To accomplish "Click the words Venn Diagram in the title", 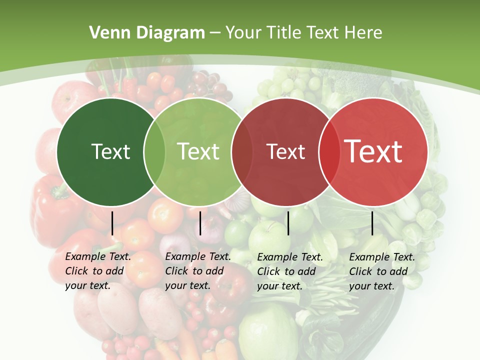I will click(147, 33).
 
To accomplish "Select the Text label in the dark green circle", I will click(110, 151).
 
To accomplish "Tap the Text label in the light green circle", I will click(198, 151).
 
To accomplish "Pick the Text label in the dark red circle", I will click(285, 151).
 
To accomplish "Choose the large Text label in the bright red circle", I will click(373, 151).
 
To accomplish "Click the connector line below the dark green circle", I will click(112, 223).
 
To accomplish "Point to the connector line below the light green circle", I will click(200, 223).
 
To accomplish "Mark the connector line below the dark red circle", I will click(288, 223).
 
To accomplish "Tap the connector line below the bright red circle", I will click(372, 223).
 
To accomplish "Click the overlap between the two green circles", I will click(154, 151).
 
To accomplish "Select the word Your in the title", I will click(243, 33).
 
